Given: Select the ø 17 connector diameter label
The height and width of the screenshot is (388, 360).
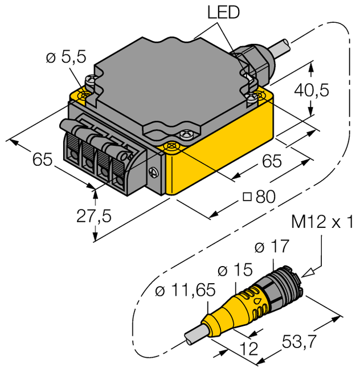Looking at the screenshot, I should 271,247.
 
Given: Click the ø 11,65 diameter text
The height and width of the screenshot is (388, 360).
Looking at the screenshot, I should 185,291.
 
